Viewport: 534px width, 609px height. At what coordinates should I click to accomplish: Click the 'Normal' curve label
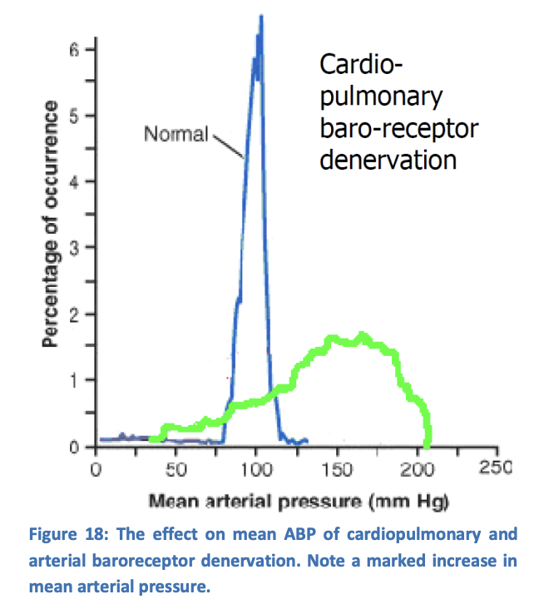[176, 133]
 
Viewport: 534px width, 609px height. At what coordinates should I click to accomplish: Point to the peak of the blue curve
[261, 17]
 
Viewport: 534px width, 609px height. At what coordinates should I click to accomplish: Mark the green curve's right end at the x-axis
[428, 444]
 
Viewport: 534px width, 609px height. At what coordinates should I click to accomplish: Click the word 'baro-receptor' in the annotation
[399, 127]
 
